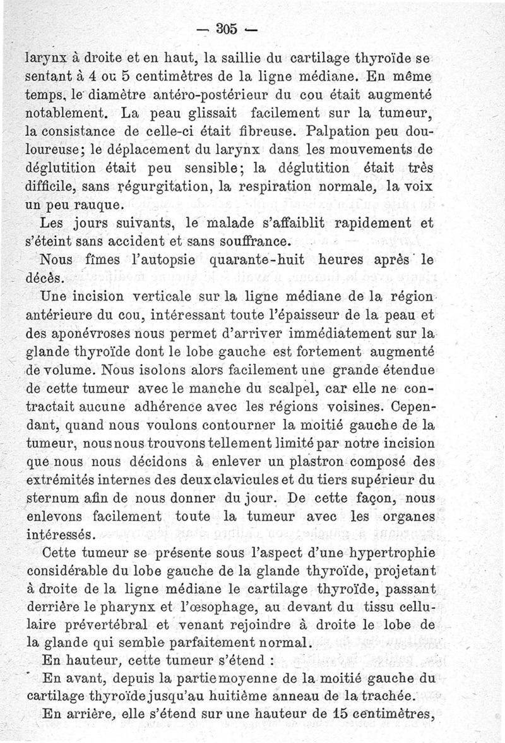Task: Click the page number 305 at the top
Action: [x=225, y=28]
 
